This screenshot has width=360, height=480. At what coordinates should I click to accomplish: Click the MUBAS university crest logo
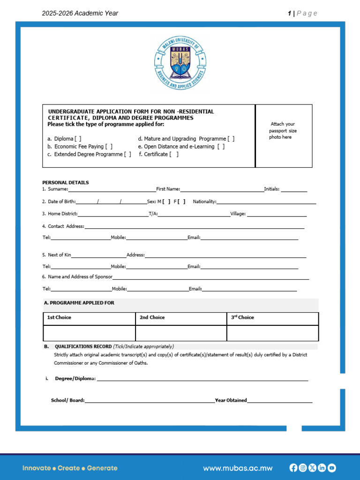click(180, 63)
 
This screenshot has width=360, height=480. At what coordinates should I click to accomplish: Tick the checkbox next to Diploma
click(78, 139)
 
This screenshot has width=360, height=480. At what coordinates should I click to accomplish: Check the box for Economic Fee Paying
click(109, 147)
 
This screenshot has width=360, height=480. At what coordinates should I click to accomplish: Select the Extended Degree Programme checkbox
click(127, 154)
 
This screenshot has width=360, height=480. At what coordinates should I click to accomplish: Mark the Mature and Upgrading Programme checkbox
click(231, 139)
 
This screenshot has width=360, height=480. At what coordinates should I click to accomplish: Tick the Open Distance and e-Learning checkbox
click(221, 147)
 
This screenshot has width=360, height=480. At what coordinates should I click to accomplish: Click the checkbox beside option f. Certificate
click(174, 154)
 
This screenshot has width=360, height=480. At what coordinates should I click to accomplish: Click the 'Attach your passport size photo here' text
click(283, 131)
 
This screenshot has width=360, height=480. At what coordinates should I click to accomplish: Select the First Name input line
click(222, 189)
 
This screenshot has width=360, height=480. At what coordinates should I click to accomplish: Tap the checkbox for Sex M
click(166, 202)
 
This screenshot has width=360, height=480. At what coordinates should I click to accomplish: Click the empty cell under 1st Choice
click(89, 333)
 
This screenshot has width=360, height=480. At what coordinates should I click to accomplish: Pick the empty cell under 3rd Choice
click(272, 333)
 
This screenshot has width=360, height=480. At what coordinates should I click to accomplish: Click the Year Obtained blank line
click(279, 401)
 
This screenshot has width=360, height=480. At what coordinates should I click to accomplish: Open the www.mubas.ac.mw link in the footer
click(238, 468)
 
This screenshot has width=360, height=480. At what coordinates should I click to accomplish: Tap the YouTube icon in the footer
click(332, 468)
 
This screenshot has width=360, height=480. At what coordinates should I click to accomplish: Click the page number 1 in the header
click(290, 13)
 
